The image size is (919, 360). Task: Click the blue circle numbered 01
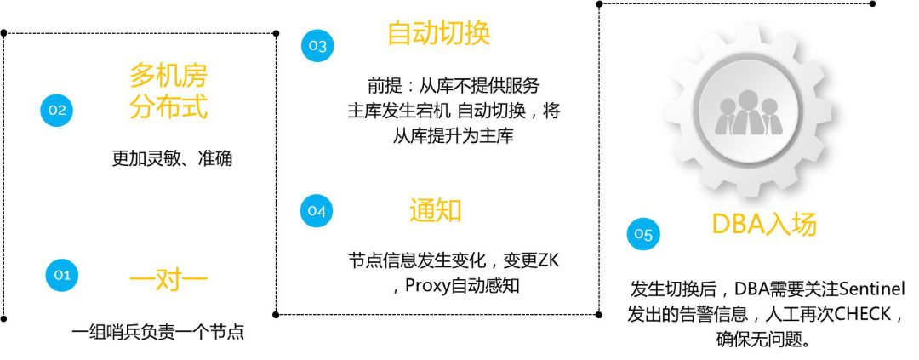tap(61, 275)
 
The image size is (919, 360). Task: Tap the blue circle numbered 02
tap(57, 110)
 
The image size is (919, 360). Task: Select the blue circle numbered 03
tap(317, 46)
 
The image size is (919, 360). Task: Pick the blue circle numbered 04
tap(317, 212)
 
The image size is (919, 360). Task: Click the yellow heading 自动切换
tap(439, 34)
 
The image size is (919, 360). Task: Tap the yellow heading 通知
tap(436, 210)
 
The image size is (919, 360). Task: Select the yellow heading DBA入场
tap(764, 224)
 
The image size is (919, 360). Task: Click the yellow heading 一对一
tap(168, 279)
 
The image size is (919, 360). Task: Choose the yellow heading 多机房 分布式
tap(168, 92)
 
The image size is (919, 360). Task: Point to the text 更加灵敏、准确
tap(172, 159)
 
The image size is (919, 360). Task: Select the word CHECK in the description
tap(859, 314)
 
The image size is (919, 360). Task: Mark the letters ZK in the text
tap(548, 260)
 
